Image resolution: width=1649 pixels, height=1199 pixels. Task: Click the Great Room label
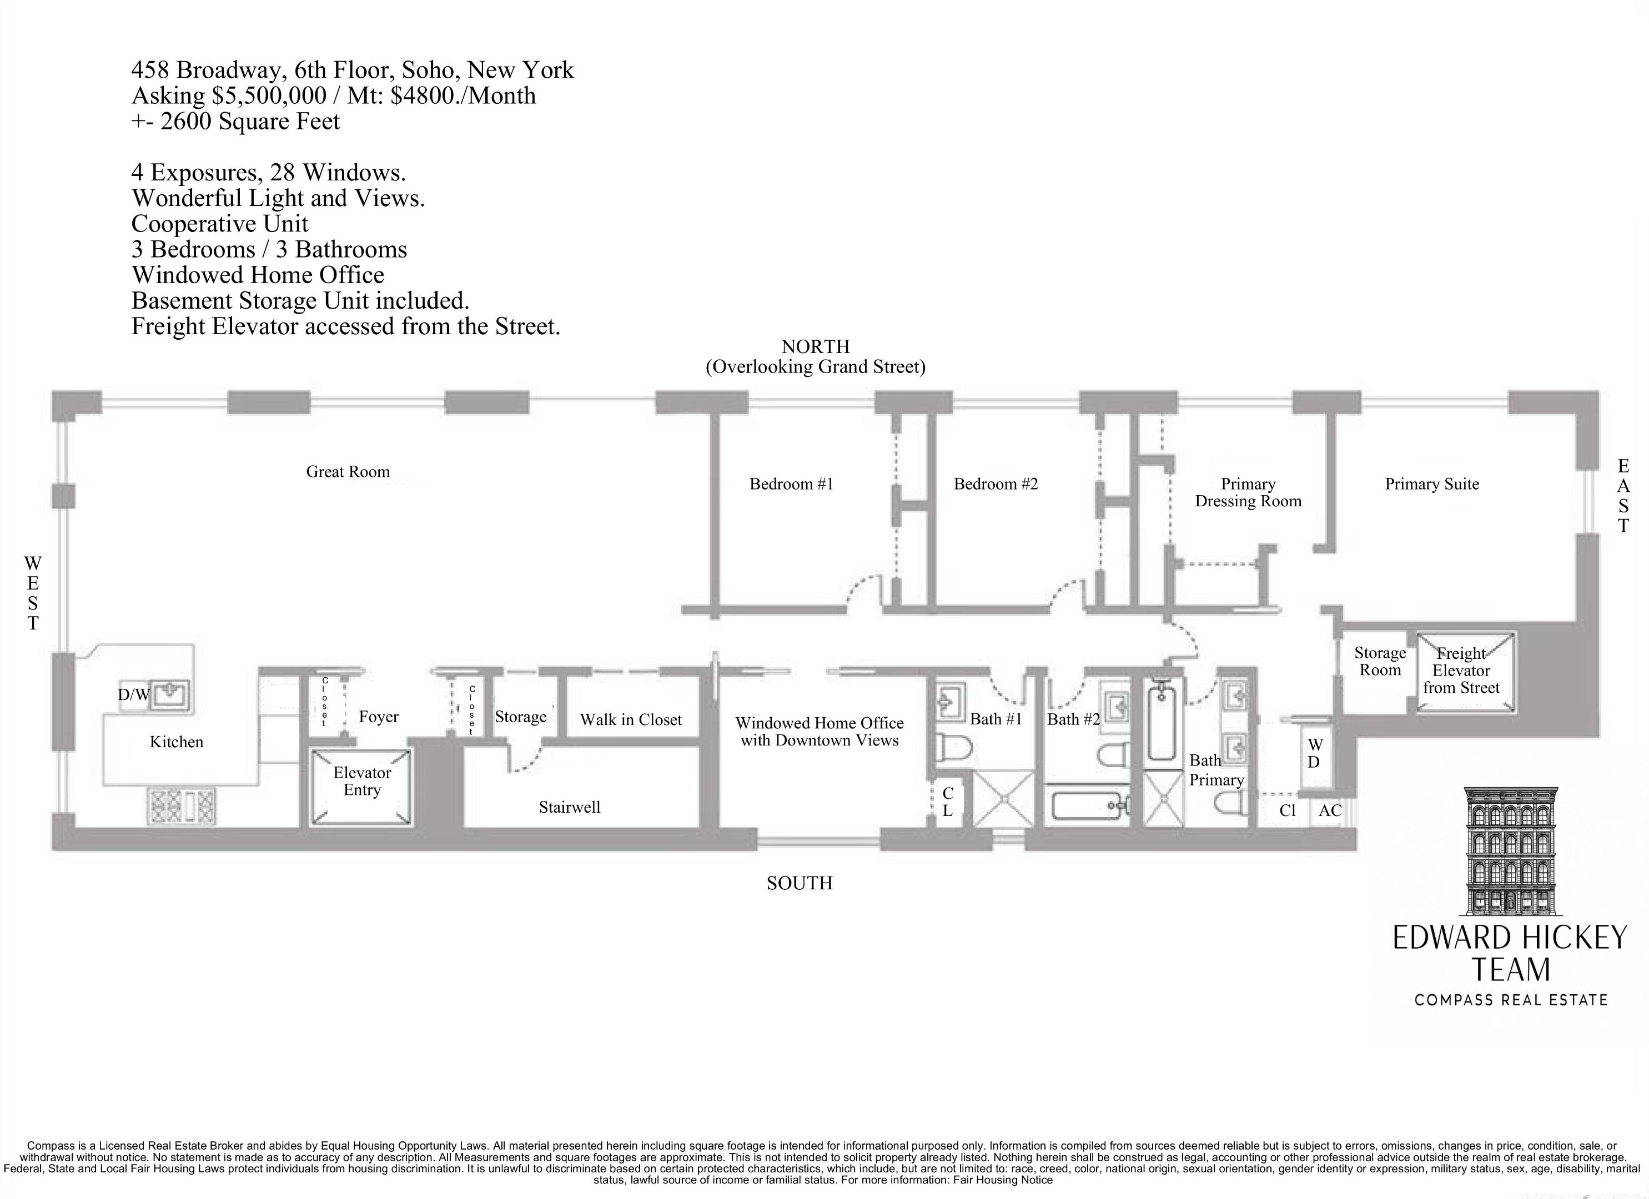coord(348,471)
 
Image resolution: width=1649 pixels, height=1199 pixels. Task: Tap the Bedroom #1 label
coord(791,483)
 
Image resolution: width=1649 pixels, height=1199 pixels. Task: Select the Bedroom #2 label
coord(996,483)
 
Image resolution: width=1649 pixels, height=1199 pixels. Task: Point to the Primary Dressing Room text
coord(1248,492)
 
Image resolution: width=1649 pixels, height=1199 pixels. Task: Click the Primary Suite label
coord(1431,483)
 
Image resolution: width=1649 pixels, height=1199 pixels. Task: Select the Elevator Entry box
coord(361,786)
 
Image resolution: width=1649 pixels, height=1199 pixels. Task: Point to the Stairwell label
coord(569,807)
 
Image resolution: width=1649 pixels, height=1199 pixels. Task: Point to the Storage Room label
coord(1379,662)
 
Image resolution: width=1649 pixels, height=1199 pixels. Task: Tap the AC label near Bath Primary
coord(1330,810)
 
